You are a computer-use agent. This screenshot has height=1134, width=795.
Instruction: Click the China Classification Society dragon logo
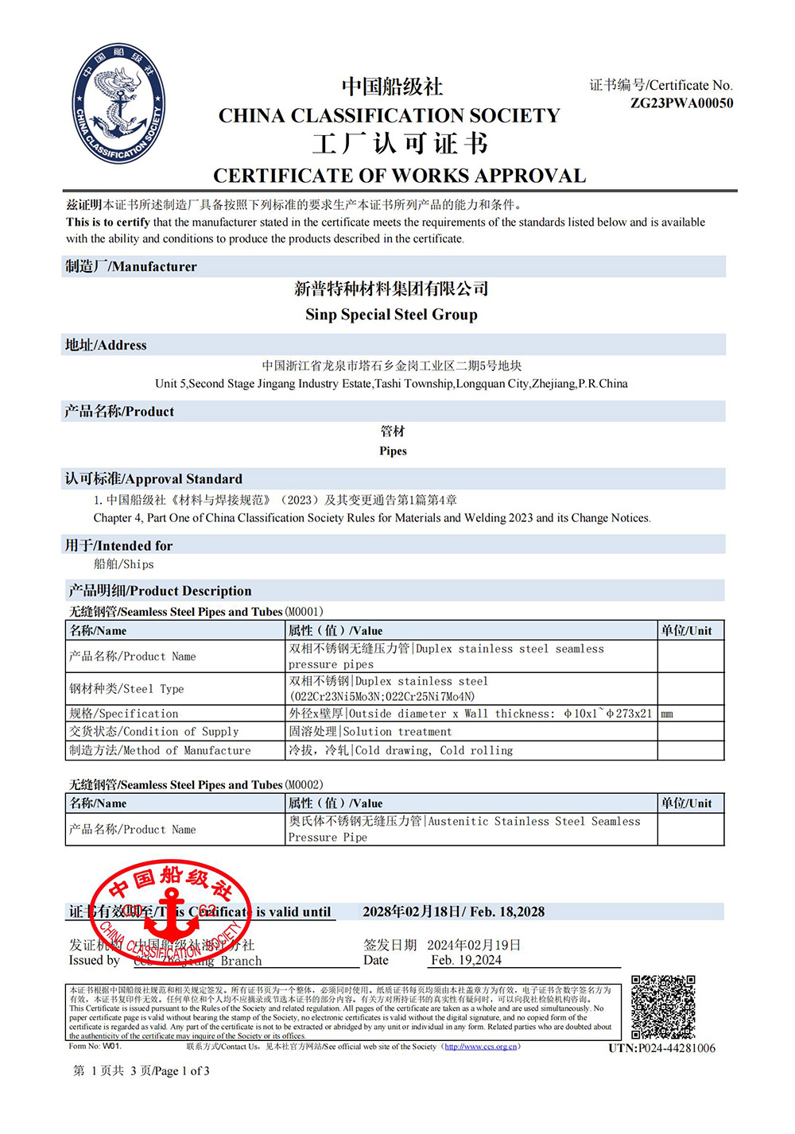(119, 103)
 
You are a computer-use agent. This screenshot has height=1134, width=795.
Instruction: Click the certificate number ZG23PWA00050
(681, 103)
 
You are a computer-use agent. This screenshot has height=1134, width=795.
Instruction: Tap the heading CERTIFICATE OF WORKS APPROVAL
(399, 176)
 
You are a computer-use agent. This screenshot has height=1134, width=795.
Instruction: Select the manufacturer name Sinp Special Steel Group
(391, 315)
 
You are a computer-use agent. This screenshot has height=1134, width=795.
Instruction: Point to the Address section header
(106, 345)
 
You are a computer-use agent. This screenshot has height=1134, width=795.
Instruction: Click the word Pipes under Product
(393, 451)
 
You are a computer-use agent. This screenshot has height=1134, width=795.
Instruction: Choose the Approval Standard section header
(153, 478)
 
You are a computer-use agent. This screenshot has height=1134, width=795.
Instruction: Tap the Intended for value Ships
(124, 564)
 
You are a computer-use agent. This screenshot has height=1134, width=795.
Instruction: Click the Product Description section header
(160, 590)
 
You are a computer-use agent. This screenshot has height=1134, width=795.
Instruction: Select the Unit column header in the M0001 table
(686, 630)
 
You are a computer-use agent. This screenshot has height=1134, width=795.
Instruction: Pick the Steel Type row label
(126, 689)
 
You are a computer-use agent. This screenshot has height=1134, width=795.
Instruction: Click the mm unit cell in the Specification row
(667, 714)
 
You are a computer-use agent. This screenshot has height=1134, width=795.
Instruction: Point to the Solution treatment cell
(370, 731)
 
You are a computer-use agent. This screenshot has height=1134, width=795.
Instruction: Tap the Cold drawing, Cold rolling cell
(401, 750)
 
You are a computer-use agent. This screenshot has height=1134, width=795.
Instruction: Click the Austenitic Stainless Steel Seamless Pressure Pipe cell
(465, 829)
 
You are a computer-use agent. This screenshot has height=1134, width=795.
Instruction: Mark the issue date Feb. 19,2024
(466, 960)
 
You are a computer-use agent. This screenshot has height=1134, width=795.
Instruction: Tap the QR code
(663, 1007)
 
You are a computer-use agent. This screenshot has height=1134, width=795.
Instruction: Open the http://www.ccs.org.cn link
(480, 1047)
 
